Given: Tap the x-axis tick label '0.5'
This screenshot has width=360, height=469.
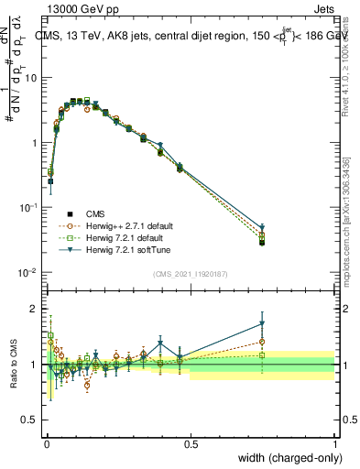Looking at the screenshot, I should (191, 442).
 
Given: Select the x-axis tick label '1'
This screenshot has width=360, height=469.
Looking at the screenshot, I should (335, 442).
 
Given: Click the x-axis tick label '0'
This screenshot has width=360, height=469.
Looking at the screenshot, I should (46, 442).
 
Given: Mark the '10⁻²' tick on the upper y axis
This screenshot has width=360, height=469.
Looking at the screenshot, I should (29, 273).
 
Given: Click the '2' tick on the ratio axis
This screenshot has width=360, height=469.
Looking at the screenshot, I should (37, 309).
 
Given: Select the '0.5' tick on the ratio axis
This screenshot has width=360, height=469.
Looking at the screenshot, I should (33, 420).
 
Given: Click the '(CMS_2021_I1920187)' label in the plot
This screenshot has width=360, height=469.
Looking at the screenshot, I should (190, 271).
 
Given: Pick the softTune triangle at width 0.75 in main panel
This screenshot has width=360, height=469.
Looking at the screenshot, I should (263, 228).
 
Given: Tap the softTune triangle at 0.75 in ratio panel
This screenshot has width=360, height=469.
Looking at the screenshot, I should (263, 323).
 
